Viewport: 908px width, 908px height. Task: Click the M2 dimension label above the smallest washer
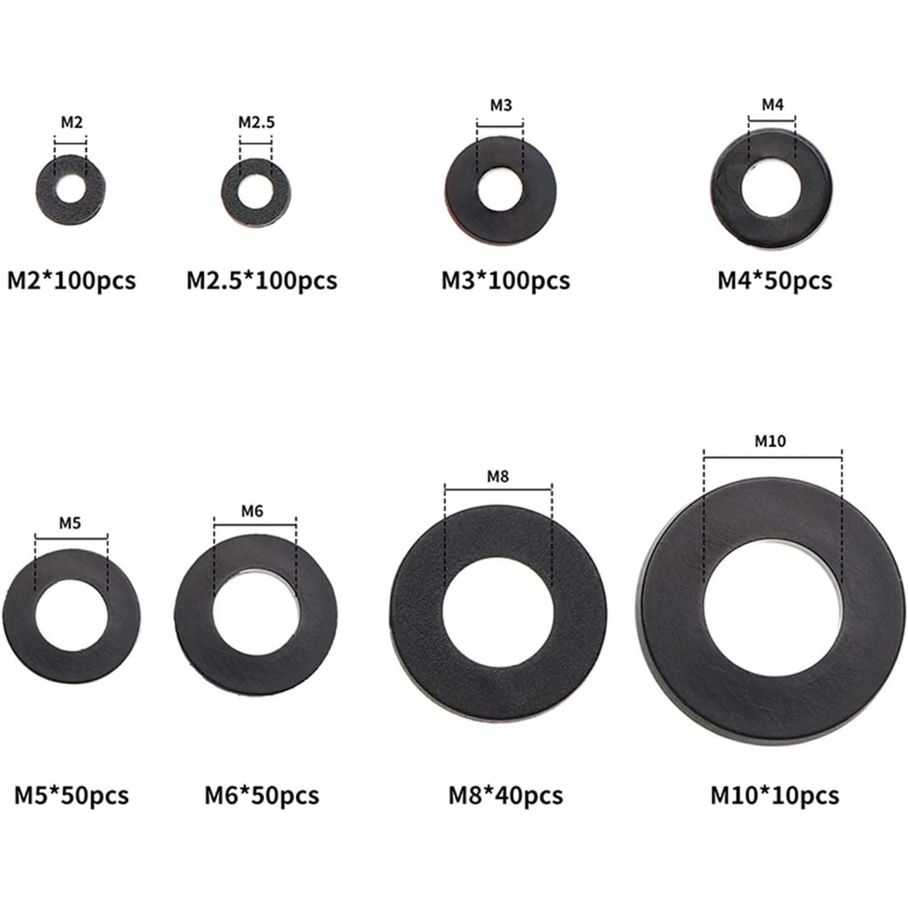(71, 123)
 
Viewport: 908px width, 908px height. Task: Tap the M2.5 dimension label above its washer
(256, 123)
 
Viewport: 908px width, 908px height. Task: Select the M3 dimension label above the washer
(500, 105)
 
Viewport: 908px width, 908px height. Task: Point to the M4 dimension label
(772, 105)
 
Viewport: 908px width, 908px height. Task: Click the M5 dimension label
(70, 523)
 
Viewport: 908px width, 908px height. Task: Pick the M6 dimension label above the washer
(252, 511)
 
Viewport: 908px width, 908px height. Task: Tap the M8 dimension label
(497, 477)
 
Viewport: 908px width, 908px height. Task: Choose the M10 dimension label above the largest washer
(770, 441)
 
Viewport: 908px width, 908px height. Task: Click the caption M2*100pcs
(71, 281)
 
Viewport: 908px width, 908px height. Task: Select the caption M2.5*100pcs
(261, 281)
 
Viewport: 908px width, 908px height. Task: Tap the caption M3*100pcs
(505, 281)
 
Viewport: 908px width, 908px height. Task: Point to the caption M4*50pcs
(774, 281)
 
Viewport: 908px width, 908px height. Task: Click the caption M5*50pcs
(71, 795)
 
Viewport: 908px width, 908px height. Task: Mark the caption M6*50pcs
(261, 795)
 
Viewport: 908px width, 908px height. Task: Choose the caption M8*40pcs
(505, 795)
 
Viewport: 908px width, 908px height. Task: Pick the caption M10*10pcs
(774, 795)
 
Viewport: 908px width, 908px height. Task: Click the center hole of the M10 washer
(772, 616)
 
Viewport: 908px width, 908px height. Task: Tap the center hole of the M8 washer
(498, 613)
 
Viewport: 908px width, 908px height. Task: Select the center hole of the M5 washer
(72, 616)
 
